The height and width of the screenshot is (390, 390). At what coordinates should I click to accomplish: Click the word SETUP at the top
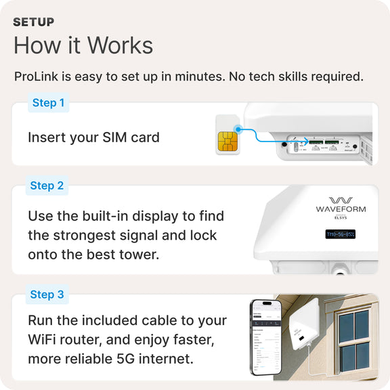click(x=34, y=22)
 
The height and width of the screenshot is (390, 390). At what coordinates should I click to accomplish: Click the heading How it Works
click(x=83, y=45)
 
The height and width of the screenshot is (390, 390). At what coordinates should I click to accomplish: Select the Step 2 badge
click(x=47, y=186)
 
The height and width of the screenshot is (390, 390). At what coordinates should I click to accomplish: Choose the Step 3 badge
click(x=47, y=295)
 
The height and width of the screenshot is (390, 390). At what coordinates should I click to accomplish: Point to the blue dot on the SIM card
click(x=238, y=128)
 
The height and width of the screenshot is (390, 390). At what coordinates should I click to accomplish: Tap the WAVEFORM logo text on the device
click(x=341, y=210)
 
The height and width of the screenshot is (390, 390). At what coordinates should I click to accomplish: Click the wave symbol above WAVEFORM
click(x=341, y=200)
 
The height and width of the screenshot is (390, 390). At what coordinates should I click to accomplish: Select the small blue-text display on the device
click(x=341, y=234)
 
